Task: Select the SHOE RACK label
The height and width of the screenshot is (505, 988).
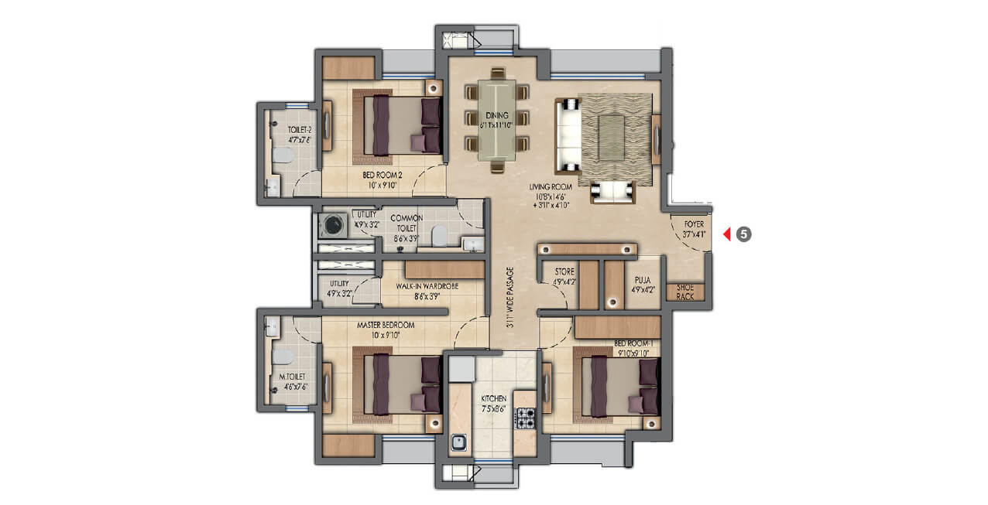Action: (x=685, y=292)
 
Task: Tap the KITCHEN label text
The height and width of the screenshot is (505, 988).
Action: (x=493, y=404)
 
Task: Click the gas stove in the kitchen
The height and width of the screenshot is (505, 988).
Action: (x=527, y=418)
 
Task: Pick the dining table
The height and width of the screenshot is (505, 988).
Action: (x=497, y=120)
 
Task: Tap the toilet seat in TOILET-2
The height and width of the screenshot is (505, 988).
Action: (x=282, y=155)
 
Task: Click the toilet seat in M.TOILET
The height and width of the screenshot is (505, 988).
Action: (x=282, y=357)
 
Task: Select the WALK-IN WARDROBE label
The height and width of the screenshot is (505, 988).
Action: (x=427, y=286)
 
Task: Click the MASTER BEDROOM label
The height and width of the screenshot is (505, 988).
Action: (x=385, y=329)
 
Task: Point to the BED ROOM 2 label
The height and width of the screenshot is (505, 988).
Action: (x=383, y=179)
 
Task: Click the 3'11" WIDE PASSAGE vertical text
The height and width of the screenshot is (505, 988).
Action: (x=509, y=299)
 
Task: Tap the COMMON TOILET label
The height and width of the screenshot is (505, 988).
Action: (x=407, y=228)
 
